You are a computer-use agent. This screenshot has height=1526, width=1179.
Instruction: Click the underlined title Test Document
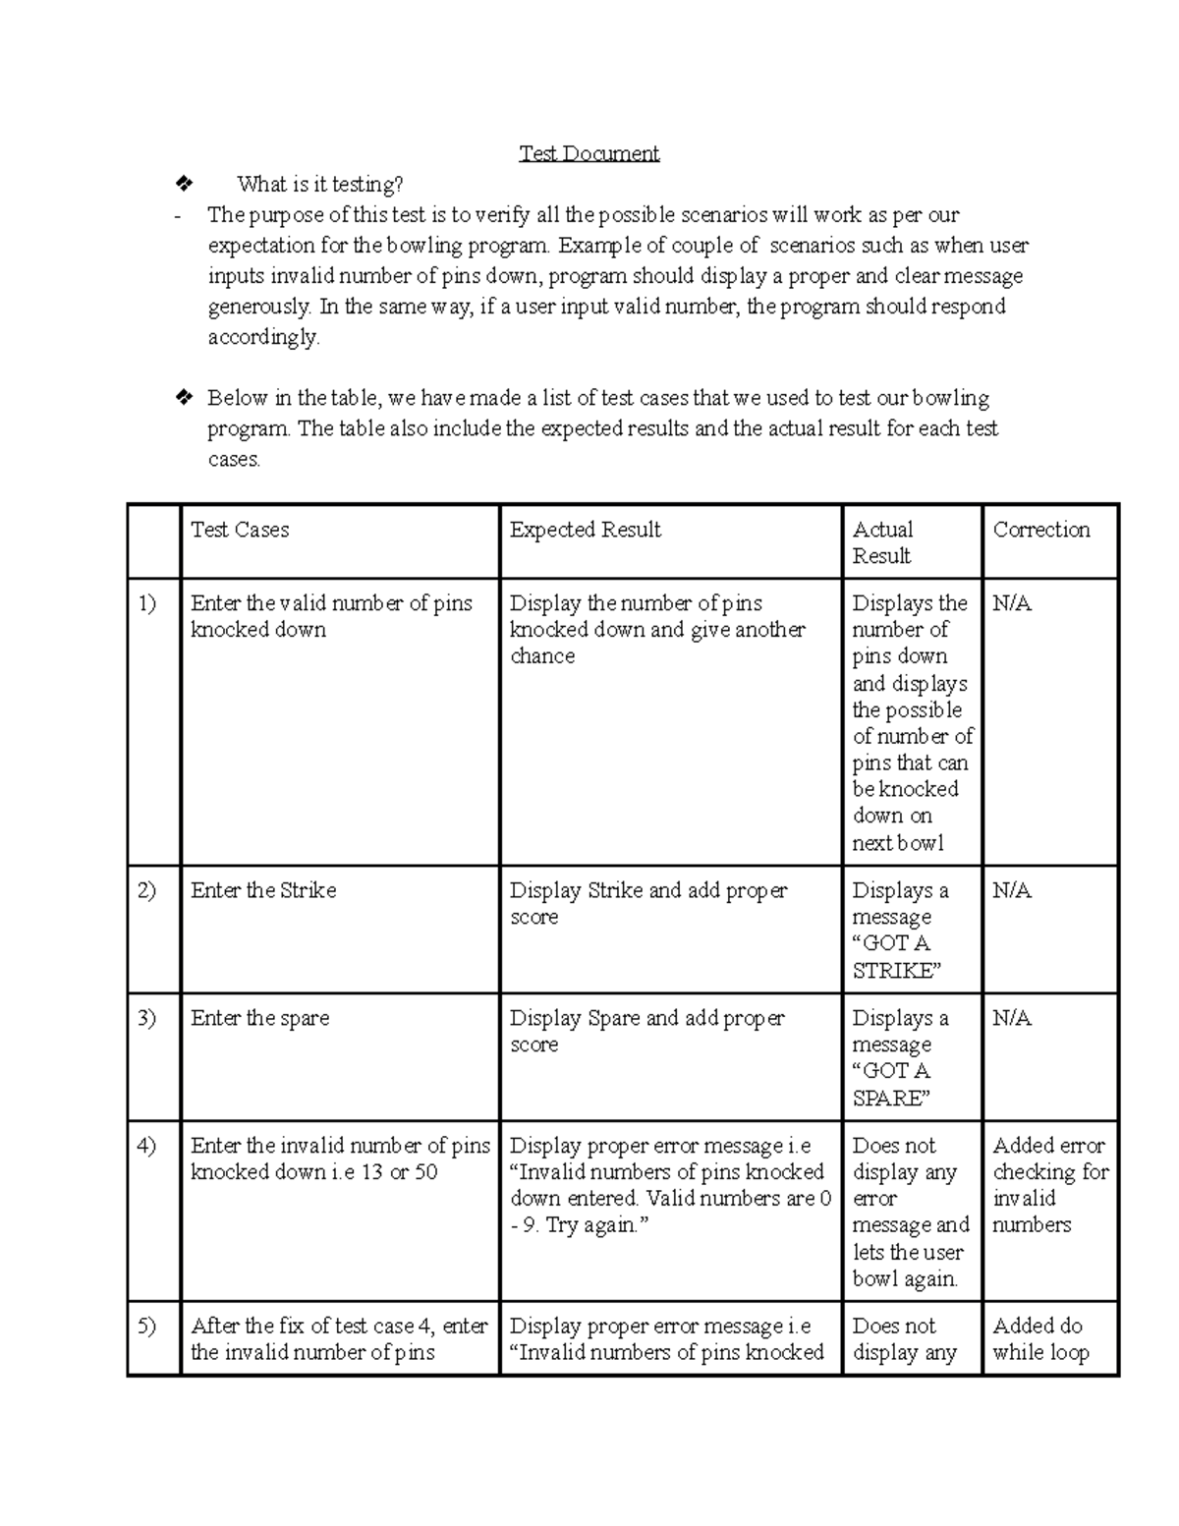pos(589,153)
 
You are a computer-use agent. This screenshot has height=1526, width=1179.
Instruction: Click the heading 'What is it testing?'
pos(319,184)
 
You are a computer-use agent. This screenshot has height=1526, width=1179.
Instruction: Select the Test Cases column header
pos(240,530)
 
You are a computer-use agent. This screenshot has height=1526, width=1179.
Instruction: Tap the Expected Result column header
pos(585,530)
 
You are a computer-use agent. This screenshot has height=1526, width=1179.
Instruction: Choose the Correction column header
pos(1040,530)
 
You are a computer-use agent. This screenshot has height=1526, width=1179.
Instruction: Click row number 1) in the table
pos(146,603)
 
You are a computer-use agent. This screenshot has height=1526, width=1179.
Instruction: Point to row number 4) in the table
pos(146,1146)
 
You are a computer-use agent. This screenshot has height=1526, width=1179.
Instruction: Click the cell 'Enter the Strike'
pos(263,890)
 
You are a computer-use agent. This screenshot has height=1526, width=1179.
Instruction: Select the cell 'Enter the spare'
pos(259,1018)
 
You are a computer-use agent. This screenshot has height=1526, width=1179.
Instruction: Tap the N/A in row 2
pos(1011,890)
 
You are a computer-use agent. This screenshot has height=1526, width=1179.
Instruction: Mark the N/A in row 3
pos(1011,1018)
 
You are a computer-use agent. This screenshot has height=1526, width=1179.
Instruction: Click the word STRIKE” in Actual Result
pos(897,971)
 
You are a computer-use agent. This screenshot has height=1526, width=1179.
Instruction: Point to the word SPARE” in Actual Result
pos(889,1099)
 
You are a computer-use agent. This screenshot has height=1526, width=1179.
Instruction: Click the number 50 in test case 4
pos(425,1172)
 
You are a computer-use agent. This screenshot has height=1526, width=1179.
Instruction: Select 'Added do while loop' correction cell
pos(1040,1338)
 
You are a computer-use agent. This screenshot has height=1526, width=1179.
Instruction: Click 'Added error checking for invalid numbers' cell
pos(1048,1185)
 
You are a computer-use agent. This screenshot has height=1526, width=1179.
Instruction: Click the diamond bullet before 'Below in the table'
pos(183,398)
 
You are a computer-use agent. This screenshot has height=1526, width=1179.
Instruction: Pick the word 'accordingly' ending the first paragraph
pos(262,337)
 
